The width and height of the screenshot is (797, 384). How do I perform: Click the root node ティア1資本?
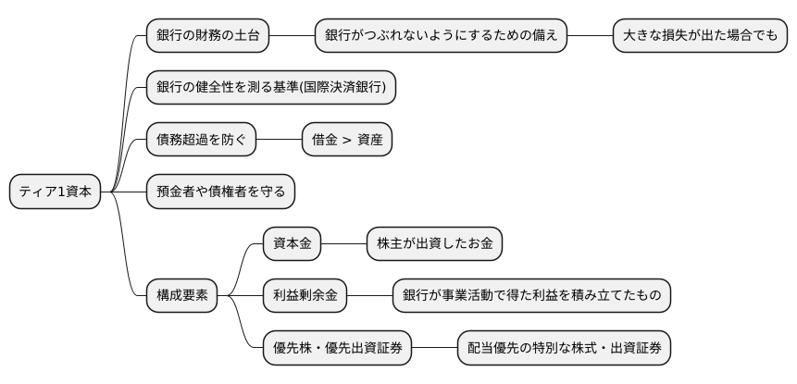click(x=55, y=192)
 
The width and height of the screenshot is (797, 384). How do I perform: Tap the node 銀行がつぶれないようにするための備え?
click(x=441, y=37)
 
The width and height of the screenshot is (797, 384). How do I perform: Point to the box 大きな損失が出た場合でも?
click(x=700, y=37)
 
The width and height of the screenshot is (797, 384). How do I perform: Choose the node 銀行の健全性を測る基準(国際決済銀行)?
click(x=271, y=88)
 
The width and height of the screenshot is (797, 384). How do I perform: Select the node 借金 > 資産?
click(x=347, y=140)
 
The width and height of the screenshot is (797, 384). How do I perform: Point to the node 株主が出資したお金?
click(x=434, y=244)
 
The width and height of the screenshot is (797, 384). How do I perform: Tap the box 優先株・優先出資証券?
click(x=337, y=348)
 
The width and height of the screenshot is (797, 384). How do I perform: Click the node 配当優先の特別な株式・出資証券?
click(x=564, y=348)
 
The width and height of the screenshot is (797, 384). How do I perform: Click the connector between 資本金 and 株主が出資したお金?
click(x=343, y=244)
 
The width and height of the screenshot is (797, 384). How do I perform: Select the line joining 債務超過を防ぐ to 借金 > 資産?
click(x=279, y=140)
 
